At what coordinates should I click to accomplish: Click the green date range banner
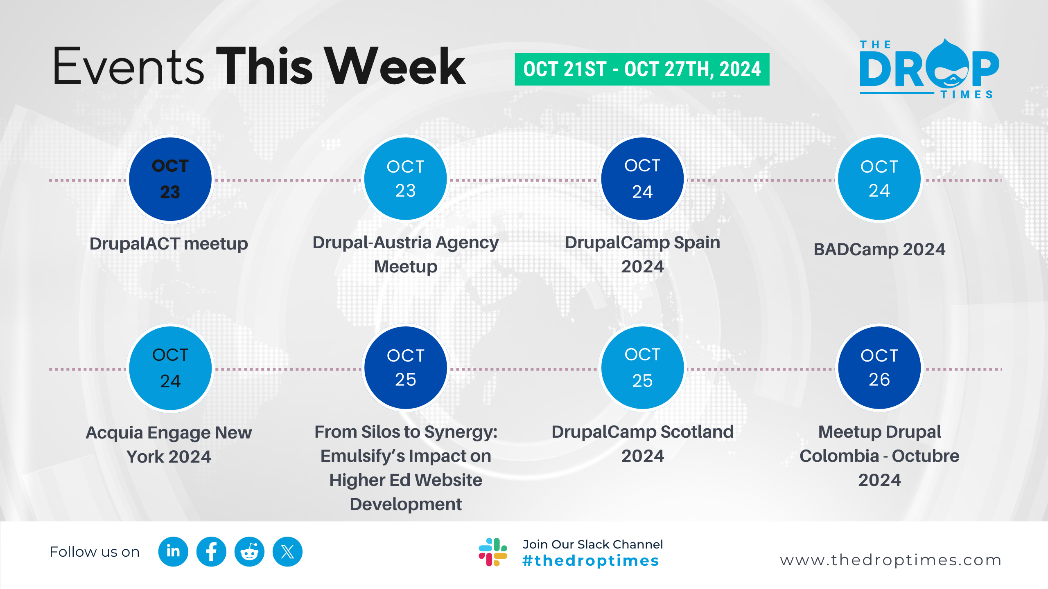tap(642, 69)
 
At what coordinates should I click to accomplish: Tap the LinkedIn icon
tap(173, 551)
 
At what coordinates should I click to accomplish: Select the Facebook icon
tap(211, 551)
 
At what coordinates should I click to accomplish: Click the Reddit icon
tap(249, 551)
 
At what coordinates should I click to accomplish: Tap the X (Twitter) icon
tap(287, 551)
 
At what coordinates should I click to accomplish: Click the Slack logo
tap(493, 552)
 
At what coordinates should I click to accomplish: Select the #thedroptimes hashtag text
tap(590, 561)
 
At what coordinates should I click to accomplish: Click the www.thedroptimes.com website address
tap(891, 560)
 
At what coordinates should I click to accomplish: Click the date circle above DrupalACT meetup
tap(170, 179)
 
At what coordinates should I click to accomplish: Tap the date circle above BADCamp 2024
tap(879, 179)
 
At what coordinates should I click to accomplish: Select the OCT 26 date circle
tap(879, 368)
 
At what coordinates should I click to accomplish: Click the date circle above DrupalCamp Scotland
tap(643, 368)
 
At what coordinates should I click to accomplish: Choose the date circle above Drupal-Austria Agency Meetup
tap(406, 179)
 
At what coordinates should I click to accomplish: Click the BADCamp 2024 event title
tap(879, 249)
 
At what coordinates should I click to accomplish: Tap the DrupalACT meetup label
tap(169, 244)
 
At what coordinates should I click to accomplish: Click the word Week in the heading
tap(396, 66)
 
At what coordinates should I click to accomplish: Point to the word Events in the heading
tap(129, 66)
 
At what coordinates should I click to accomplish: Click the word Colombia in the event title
tap(839, 456)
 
